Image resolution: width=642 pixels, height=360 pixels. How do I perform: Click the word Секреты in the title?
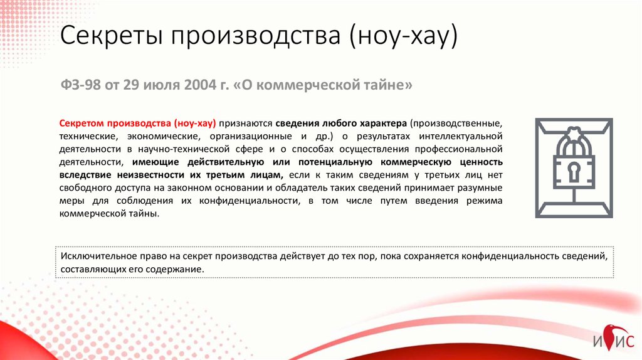tap(112, 36)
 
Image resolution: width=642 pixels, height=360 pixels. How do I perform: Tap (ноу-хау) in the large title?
tap(403, 36)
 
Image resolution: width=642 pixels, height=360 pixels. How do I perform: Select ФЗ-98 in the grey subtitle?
tap(80, 85)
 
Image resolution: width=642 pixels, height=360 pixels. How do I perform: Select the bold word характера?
tap(383, 124)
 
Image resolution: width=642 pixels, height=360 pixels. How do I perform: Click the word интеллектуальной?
tap(461, 136)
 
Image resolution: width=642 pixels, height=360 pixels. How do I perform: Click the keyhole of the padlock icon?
tap(573, 172)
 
